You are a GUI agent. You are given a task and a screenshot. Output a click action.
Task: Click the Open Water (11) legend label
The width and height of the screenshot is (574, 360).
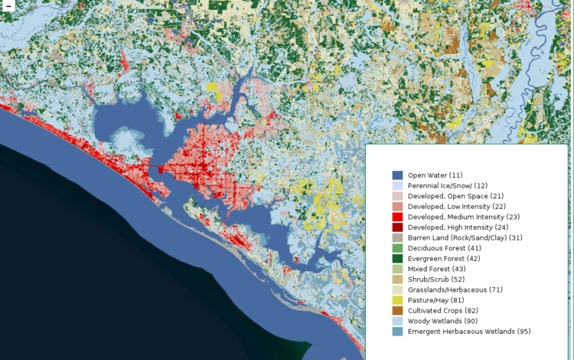click(x=435, y=175)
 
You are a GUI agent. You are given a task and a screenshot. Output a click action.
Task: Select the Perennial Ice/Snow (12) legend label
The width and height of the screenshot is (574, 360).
click(x=447, y=186)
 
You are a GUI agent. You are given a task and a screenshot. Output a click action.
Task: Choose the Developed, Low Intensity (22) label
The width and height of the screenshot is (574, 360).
click(x=456, y=207)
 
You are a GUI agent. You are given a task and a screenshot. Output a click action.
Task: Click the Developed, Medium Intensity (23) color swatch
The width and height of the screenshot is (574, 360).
click(x=397, y=218)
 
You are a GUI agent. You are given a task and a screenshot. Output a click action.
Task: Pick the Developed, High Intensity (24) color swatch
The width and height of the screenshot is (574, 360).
click(x=397, y=227)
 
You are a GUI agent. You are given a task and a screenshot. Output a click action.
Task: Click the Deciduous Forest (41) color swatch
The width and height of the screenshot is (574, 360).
click(x=397, y=249)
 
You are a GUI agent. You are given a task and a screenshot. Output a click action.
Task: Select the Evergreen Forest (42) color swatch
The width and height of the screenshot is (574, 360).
click(x=397, y=259)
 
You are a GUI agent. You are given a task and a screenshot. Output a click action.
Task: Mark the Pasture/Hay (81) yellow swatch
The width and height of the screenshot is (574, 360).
click(x=397, y=300)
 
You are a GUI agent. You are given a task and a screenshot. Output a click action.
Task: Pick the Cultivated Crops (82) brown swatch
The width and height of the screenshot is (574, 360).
click(x=397, y=311)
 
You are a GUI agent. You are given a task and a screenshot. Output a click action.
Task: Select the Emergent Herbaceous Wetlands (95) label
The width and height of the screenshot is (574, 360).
click(x=468, y=332)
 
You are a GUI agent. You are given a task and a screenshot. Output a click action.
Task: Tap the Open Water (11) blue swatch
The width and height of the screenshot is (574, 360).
click(x=397, y=175)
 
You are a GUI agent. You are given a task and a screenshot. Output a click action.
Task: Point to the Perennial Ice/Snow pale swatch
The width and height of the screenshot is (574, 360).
click(x=397, y=186)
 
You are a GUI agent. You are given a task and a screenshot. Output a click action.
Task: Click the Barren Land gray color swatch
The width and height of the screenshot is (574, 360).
click(x=397, y=238)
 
